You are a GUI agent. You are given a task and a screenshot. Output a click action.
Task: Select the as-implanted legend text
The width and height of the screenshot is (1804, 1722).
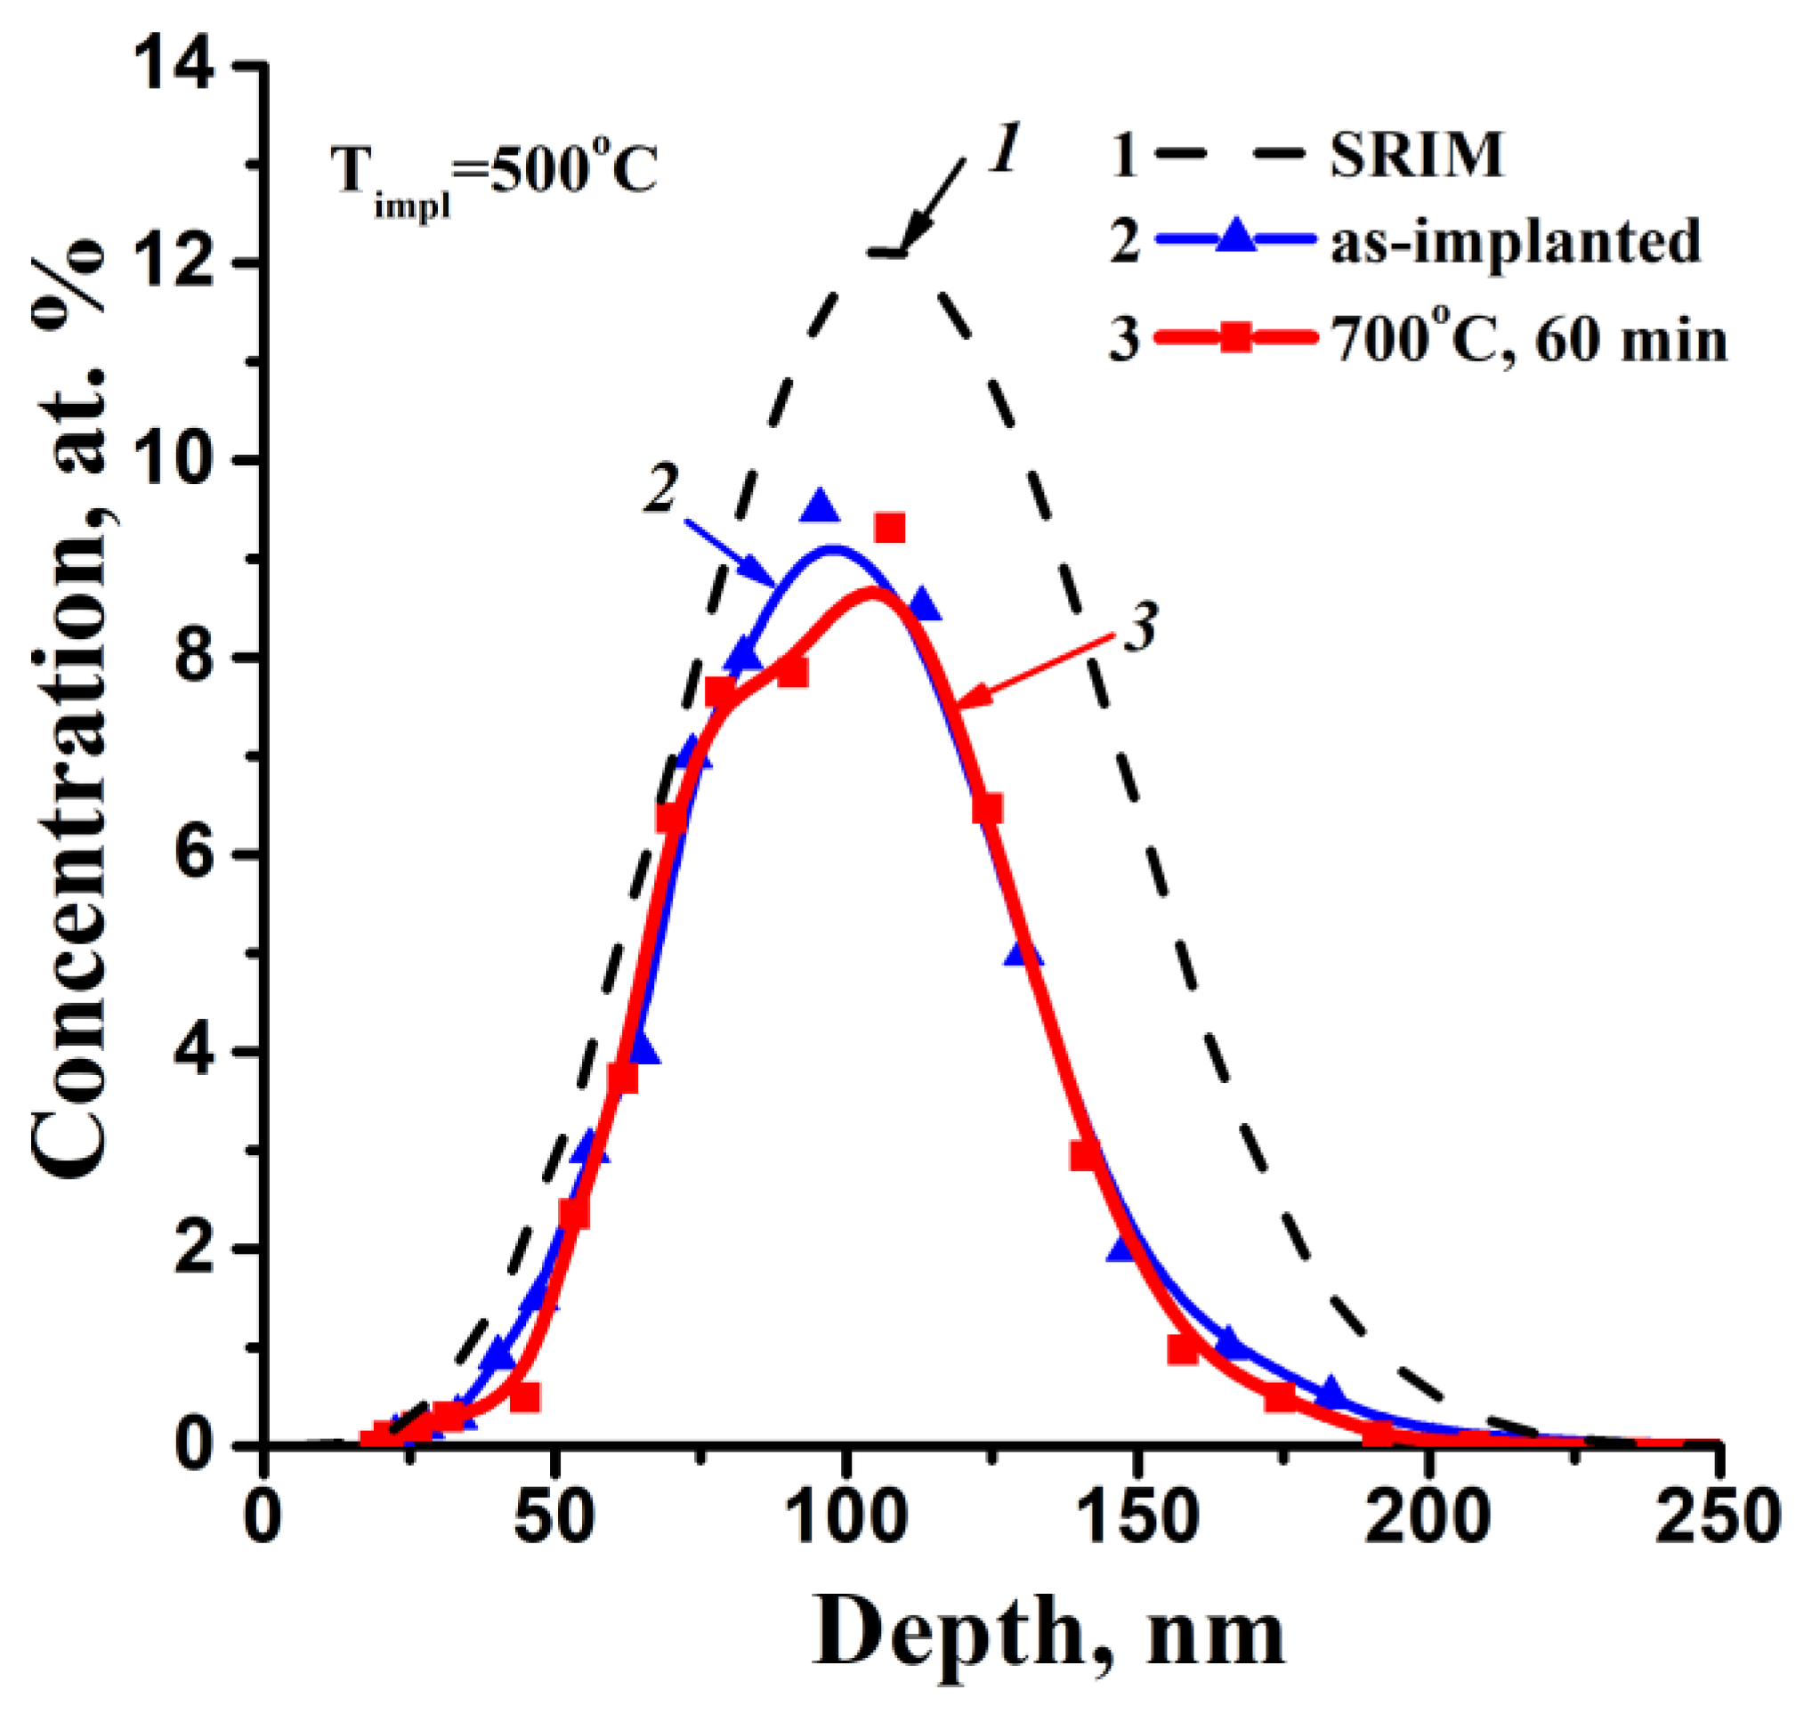[x=1515, y=242]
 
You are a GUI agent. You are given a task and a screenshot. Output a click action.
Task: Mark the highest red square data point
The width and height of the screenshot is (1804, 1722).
[x=890, y=528]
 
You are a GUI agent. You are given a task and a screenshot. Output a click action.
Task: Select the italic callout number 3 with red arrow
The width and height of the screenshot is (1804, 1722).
[x=1138, y=630]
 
